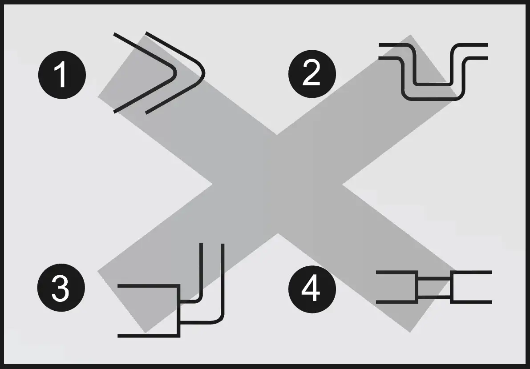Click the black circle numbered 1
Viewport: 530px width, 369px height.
[x=61, y=74]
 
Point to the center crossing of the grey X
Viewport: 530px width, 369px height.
[x=277, y=183]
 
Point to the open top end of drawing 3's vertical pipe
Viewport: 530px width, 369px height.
[x=212, y=245]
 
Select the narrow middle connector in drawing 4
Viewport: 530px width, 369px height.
[x=434, y=287]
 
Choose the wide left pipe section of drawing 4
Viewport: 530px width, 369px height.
[x=396, y=287]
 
